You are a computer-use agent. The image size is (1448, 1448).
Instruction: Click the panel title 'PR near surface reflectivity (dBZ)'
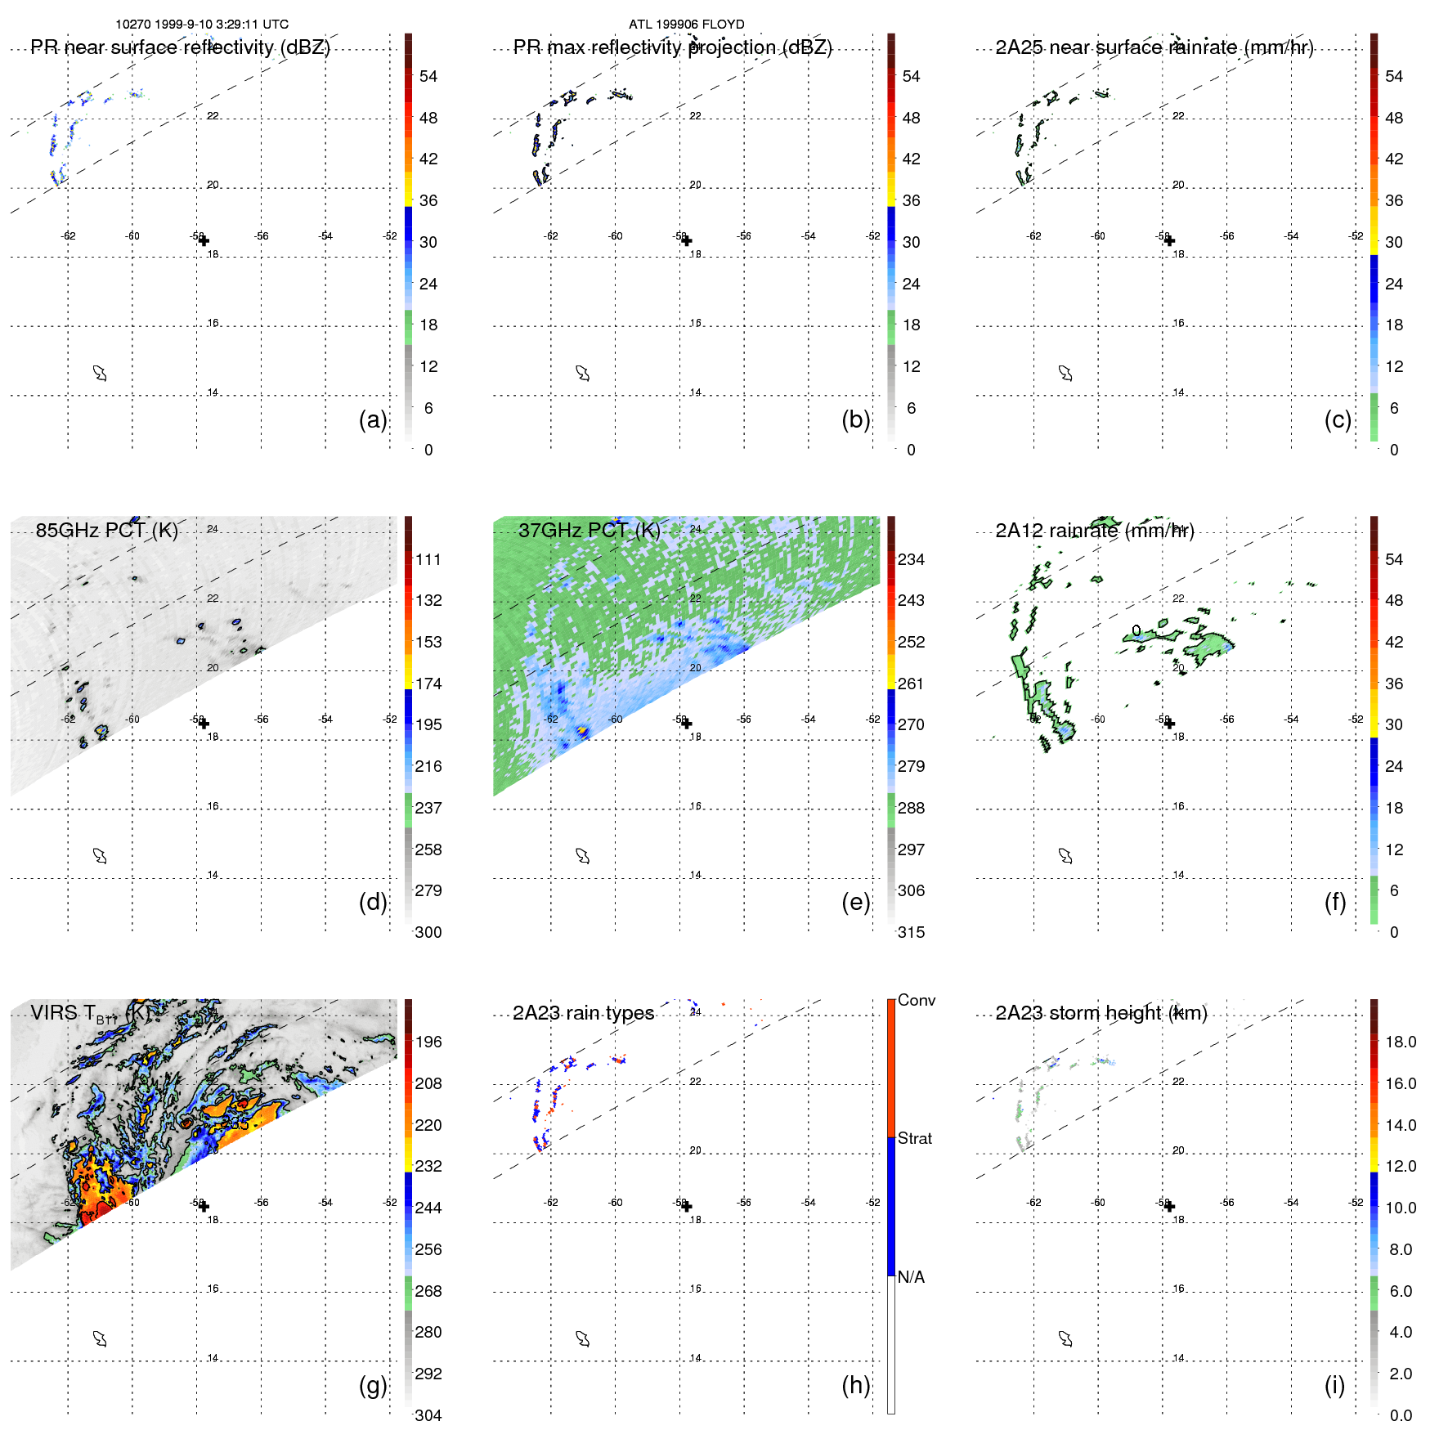click(x=180, y=47)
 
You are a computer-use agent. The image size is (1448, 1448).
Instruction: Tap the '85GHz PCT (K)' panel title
click(x=106, y=531)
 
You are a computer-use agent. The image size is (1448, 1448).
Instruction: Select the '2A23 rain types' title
click(x=583, y=1013)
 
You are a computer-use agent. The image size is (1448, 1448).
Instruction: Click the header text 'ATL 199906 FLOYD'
click(x=686, y=25)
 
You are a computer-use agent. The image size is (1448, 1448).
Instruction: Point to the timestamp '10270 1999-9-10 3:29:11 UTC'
click(x=202, y=25)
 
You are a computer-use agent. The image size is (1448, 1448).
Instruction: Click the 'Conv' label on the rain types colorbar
click(x=916, y=1000)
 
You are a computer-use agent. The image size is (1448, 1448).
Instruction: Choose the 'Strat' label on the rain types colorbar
click(x=914, y=1138)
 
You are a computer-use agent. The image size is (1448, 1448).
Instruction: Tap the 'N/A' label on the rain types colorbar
click(x=911, y=1277)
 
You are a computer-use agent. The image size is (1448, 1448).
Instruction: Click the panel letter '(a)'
click(x=372, y=419)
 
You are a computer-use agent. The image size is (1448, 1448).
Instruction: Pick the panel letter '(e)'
click(x=855, y=902)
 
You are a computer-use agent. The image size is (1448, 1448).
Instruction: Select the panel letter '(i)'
click(x=1334, y=1385)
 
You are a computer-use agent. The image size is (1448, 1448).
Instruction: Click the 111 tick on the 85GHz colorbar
click(x=428, y=560)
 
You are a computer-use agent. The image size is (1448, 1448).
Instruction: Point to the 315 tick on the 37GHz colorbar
click(x=911, y=932)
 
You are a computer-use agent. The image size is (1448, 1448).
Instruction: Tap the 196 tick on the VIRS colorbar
click(x=428, y=1042)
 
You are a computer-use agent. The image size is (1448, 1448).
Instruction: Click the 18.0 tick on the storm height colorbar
click(x=1401, y=1042)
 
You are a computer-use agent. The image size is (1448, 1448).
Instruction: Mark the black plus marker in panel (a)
click(x=204, y=240)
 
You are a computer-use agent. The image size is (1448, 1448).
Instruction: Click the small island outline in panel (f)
click(x=1065, y=856)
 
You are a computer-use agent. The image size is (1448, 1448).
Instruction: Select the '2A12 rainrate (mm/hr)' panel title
click(x=1095, y=531)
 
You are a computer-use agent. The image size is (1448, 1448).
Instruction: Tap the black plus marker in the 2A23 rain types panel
click(x=687, y=1206)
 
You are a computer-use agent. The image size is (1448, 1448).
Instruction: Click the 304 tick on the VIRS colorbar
click(x=428, y=1415)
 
